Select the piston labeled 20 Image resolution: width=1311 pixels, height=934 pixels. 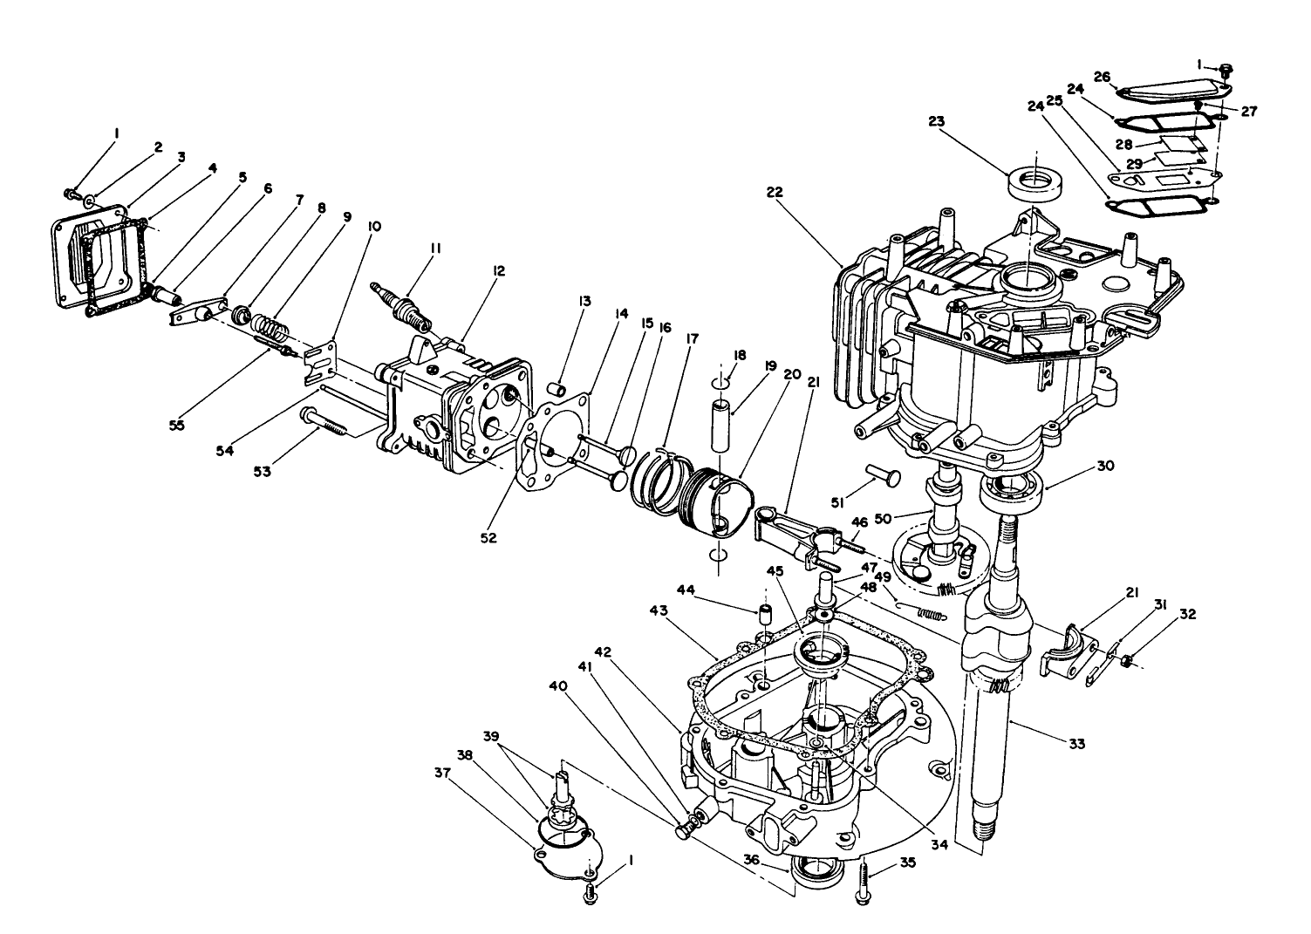[x=720, y=502]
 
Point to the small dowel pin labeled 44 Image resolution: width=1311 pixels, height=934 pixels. [x=762, y=614]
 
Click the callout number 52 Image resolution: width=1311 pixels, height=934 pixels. [x=488, y=538]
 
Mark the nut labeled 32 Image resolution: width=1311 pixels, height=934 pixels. [x=1126, y=661]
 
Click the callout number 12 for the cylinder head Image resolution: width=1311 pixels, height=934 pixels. [x=498, y=271]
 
